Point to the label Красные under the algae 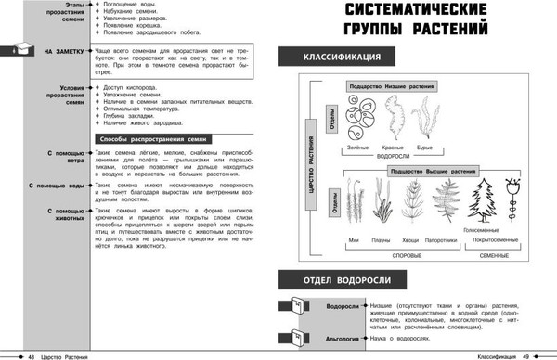pos(394,148)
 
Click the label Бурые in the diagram pos(424,148)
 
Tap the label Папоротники pos(444,241)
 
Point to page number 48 pos(32,354)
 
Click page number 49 pos(525,354)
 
